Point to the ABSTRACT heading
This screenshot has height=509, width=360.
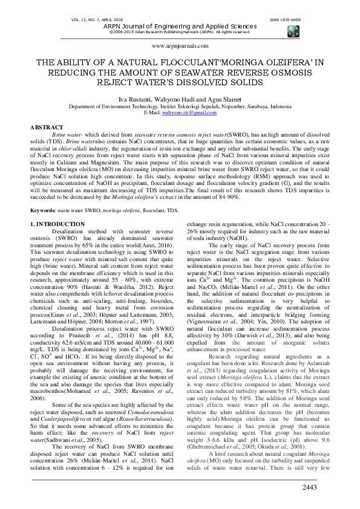click(46, 128)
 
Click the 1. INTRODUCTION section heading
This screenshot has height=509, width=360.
click(57, 225)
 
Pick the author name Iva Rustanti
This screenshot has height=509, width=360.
click(140, 98)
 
